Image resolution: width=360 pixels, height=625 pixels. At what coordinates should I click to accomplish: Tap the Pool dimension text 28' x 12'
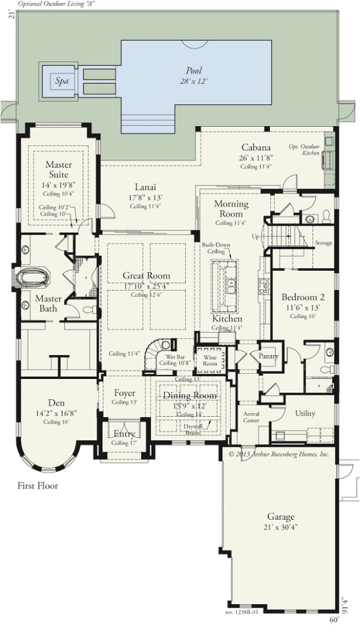point(193,82)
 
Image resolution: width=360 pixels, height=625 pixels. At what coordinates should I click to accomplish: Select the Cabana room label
point(256,148)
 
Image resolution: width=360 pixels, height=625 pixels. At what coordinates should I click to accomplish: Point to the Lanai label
point(145,187)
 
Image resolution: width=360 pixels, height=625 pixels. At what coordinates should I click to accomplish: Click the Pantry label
point(268,356)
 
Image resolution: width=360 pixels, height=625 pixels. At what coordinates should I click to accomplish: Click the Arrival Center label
point(251,417)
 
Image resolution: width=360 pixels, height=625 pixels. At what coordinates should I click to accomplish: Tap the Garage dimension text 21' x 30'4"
point(281,527)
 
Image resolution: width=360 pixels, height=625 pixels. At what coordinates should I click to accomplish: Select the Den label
point(56,403)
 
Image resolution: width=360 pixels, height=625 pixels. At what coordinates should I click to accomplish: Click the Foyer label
point(124,394)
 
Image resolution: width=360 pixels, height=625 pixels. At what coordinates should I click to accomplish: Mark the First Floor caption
point(38,486)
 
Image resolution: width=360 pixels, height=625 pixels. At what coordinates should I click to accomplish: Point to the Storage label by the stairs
point(324,243)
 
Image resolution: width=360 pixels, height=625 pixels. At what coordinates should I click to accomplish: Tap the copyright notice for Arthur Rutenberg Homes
point(278,454)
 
